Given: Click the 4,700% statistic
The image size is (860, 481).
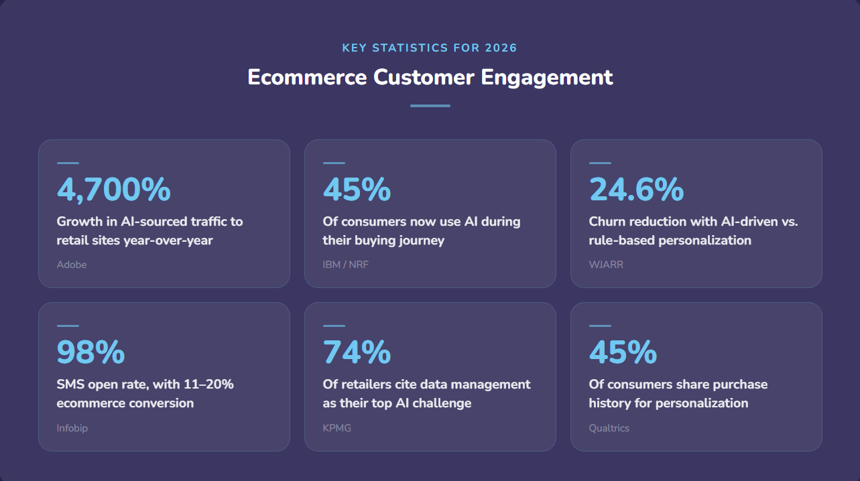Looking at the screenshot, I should point(113,190).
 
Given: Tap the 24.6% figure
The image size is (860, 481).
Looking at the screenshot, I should point(636,190).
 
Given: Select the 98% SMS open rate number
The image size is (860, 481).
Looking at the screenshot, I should point(90,352).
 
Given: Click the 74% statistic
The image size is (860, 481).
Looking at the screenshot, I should point(357,352).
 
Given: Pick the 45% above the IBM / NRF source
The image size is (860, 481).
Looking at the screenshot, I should point(357,190).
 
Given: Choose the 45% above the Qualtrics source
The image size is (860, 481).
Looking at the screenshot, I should point(623,352).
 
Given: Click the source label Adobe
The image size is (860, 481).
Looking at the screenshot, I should point(72,265).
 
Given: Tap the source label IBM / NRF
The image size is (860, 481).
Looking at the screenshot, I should point(346,265).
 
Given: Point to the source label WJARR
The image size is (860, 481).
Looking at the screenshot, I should point(606,265).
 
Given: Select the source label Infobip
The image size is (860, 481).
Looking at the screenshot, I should point(72,428).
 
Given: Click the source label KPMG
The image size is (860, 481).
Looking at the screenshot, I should point(337,428).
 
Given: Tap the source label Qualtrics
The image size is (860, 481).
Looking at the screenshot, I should point(609,428).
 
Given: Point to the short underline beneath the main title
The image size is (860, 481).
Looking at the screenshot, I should point(430,106).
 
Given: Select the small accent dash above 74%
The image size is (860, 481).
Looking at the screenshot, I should point(334,326).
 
